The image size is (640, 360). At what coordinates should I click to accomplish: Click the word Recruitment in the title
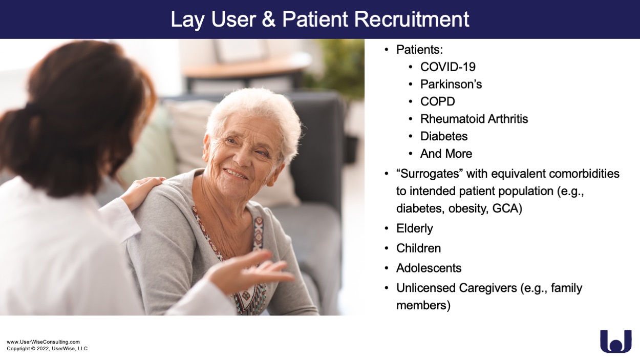412,19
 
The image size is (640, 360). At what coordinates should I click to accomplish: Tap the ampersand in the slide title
268,19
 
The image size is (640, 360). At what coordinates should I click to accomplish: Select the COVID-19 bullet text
447,67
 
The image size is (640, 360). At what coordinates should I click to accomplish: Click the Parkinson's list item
451,84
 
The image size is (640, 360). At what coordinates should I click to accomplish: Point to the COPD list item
437,101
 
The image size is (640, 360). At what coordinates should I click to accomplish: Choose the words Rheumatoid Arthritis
474,119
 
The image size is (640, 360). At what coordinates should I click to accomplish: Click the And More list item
446,154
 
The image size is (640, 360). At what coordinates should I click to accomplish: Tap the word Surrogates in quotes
430,174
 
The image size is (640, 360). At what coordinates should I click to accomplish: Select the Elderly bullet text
414,228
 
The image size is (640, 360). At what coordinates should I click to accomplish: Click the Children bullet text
418,248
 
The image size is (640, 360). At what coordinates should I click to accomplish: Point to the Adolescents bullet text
429,268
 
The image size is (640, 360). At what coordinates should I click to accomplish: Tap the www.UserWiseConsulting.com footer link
43,342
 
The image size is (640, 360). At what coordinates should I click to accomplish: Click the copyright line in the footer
47,349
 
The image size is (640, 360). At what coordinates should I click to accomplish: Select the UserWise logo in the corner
616,341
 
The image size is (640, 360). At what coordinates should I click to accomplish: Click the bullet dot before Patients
387,50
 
